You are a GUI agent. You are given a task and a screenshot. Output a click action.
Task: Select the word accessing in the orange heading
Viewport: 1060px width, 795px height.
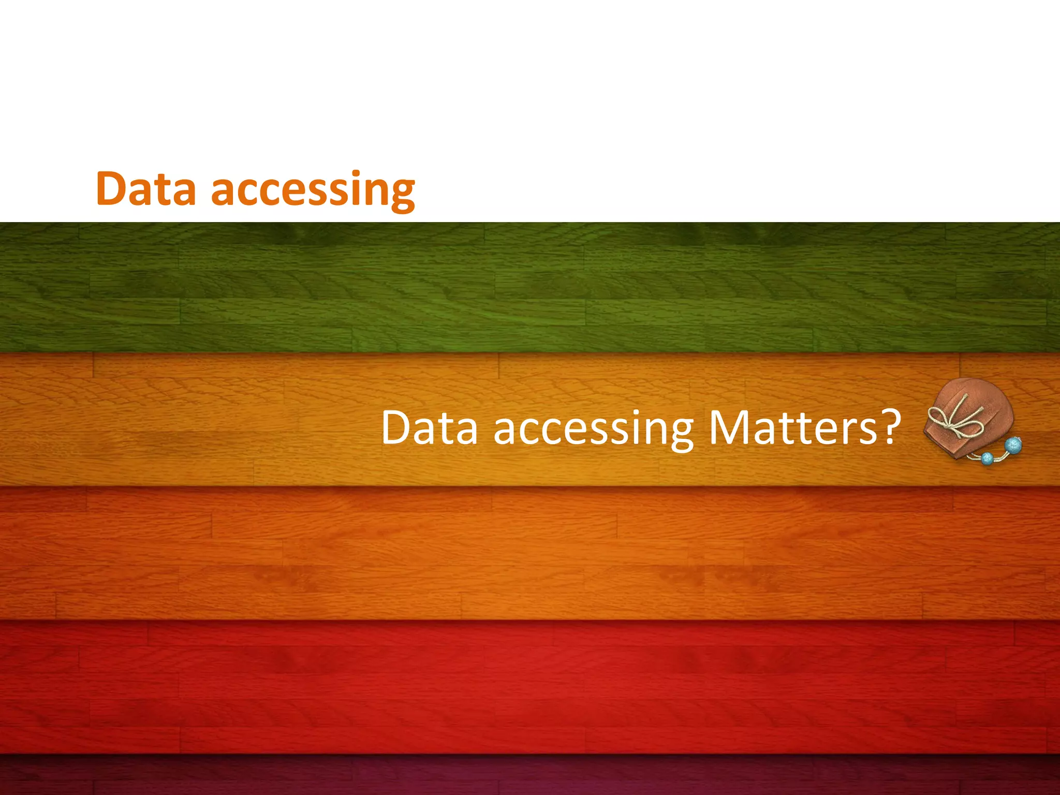point(313,190)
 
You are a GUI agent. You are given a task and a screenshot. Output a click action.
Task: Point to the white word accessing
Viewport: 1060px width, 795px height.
point(593,430)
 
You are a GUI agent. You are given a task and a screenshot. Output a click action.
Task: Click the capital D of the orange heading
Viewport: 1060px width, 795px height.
point(111,188)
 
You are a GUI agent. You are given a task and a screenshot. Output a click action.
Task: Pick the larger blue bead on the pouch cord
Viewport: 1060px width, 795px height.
point(1013,445)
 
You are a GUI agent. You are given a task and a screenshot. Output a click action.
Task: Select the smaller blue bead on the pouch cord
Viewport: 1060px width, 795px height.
point(987,458)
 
